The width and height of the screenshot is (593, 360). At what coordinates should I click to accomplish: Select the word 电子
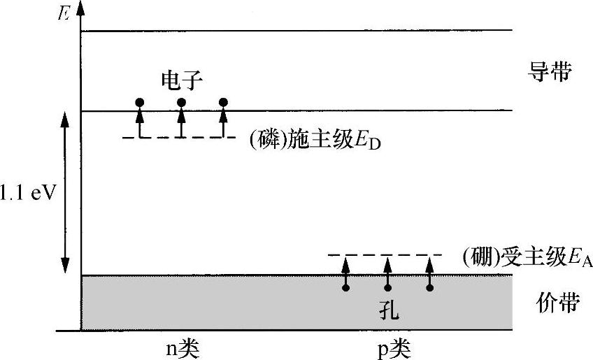tap(182, 80)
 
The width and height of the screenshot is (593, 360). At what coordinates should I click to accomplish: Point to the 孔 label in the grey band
tap(388, 308)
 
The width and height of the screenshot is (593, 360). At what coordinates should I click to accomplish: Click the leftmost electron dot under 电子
tap(139, 103)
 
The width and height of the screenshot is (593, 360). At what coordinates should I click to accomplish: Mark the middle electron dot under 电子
tap(181, 103)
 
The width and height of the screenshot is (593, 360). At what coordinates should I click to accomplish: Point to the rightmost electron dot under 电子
tap(223, 103)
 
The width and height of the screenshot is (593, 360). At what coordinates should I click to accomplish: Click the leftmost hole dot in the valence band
tap(345, 287)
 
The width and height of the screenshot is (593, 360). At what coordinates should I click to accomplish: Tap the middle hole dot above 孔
tap(387, 287)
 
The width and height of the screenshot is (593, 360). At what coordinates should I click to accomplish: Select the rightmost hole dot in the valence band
tap(429, 287)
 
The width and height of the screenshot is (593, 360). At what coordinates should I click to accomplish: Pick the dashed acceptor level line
tap(385, 254)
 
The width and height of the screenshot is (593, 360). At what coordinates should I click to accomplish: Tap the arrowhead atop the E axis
tap(81, 7)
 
